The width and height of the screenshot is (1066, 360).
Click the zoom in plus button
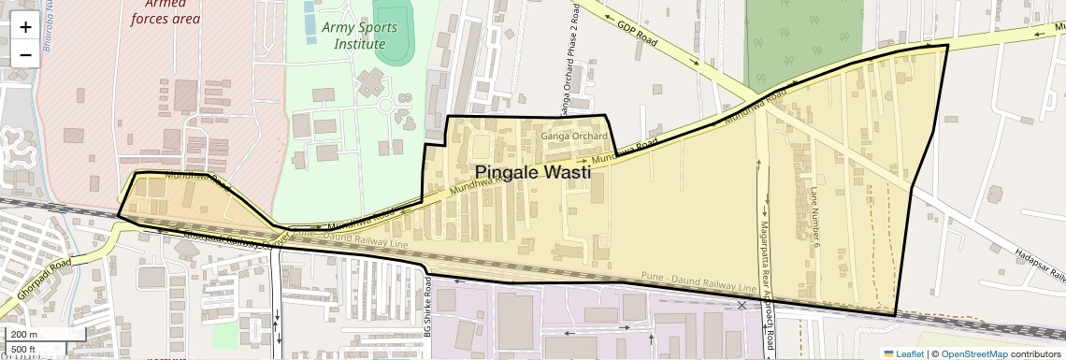click(x=25, y=27)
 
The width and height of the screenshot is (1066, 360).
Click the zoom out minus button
click(x=25, y=54)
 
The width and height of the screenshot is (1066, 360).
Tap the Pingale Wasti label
click(x=533, y=172)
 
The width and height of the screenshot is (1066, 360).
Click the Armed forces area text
click(x=166, y=10)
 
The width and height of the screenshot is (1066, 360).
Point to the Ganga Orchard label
click(x=574, y=136)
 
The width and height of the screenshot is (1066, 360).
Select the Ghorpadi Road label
click(x=38, y=278)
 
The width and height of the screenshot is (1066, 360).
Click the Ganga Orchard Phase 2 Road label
click(x=565, y=60)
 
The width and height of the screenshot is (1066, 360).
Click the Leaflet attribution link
click(x=902, y=353)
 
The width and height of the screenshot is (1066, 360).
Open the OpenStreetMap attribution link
click(x=973, y=353)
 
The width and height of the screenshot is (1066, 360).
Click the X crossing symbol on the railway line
click(x=742, y=306)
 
